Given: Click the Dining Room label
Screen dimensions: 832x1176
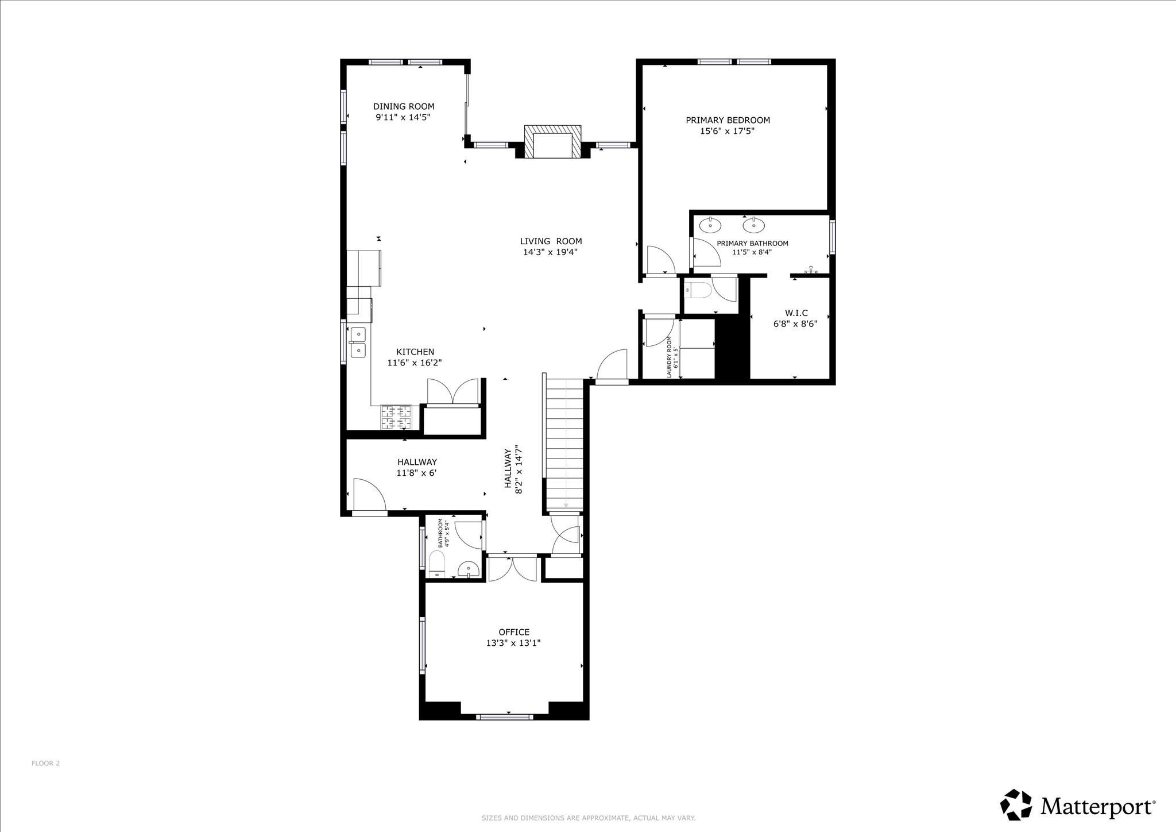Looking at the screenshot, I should [x=404, y=106].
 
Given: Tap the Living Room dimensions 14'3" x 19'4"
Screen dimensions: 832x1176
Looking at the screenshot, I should [x=550, y=252].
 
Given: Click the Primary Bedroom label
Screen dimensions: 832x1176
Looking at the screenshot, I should [x=728, y=120].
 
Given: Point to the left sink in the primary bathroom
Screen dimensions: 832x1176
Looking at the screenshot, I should [x=710, y=225].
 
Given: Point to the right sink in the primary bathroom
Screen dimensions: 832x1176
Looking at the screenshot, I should [x=753, y=225].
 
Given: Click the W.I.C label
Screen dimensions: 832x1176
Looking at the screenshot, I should [x=796, y=313].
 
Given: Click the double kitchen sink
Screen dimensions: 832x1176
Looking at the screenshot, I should [x=358, y=341].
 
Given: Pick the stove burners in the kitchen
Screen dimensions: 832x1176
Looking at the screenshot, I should [x=396, y=417].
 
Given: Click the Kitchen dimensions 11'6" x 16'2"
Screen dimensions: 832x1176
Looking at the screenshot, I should [x=415, y=363].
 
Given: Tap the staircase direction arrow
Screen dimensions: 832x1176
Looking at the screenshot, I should [x=566, y=504].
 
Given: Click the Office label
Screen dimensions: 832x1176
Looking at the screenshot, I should [x=514, y=632].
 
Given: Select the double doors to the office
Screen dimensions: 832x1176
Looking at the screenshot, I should [x=512, y=568].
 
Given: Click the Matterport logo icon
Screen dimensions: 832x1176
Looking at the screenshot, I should [x=1017, y=805].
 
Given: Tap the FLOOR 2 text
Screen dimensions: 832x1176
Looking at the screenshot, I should [x=45, y=763].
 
